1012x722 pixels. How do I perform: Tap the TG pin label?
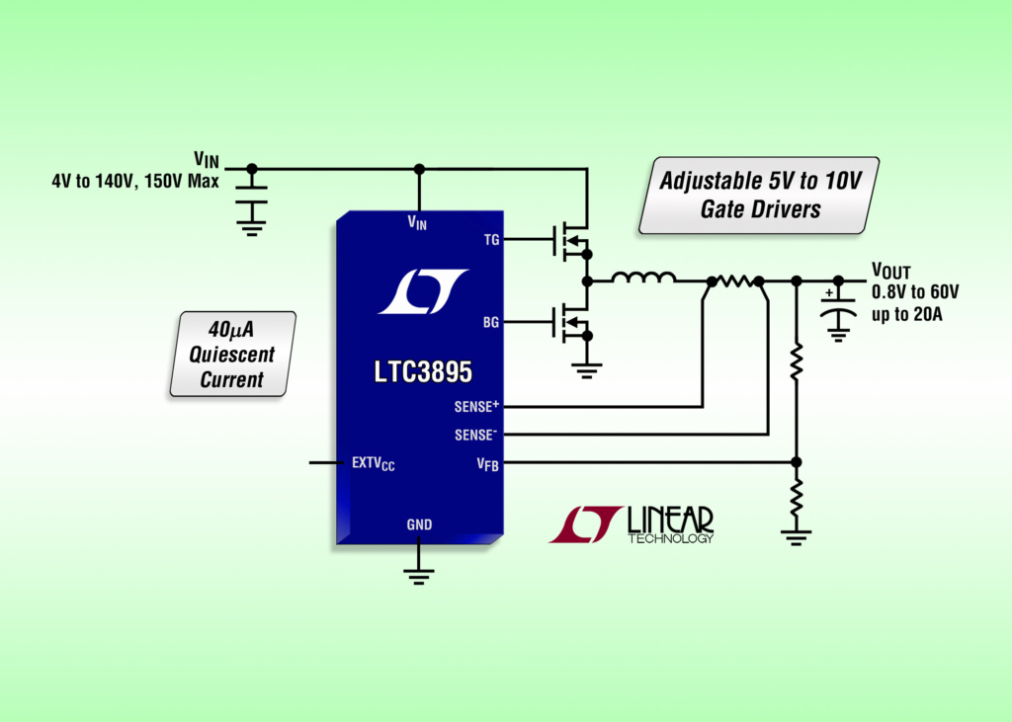[x=490, y=238]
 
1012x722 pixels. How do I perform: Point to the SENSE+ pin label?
[x=476, y=406]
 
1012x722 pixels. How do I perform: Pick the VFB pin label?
[x=487, y=464]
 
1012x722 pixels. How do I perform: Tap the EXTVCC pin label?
[x=373, y=462]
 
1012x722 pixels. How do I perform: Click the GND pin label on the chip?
[x=419, y=524]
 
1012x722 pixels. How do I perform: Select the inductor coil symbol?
[x=643, y=280]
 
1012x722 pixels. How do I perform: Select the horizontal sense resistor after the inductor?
[x=735, y=281]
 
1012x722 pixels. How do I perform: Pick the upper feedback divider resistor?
[x=797, y=362]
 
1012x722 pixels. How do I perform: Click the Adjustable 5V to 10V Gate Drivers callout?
[x=758, y=195]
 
